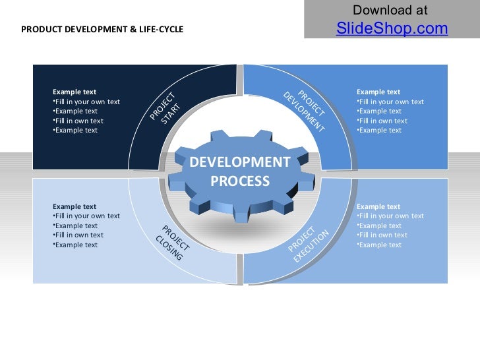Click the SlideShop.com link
(x=392, y=28)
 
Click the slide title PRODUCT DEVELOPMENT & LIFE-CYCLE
(x=102, y=30)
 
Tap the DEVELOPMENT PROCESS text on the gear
(x=240, y=171)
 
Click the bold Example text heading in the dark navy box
(x=75, y=92)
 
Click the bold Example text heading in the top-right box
(x=378, y=92)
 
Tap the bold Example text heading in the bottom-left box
(x=75, y=206)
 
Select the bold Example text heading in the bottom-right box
(x=378, y=206)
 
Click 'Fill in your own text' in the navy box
(x=87, y=102)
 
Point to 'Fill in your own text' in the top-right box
(x=391, y=102)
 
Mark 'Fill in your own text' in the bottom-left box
(x=87, y=216)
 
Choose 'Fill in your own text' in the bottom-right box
(x=391, y=216)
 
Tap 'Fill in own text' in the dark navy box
(x=79, y=121)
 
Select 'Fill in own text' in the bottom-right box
(x=383, y=235)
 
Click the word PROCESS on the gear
(x=240, y=181)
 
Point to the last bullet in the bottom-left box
(x=76, y=245)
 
